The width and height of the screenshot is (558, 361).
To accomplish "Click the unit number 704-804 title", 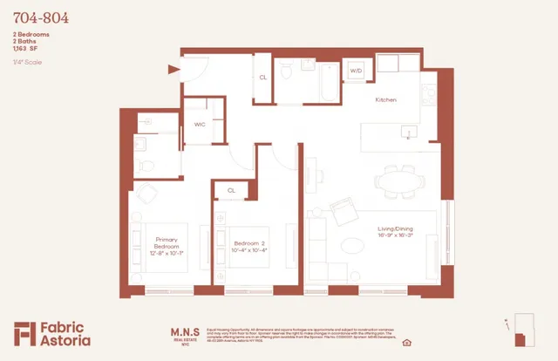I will tap(41, 17).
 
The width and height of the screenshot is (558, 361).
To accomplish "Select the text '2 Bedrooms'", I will tap(31, 34).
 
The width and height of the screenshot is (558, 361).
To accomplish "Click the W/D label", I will tap(357, 70).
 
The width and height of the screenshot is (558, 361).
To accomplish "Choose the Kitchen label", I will tap(385, 100).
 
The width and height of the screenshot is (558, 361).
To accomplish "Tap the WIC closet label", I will tap(199, 125).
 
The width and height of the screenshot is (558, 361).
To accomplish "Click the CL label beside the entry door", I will tap(262, 78).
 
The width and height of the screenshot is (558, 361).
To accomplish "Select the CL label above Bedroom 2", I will tap(231, 189).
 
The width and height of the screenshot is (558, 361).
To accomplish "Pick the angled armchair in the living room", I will tap(343, 211).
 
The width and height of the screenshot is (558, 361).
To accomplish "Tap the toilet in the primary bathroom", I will tap(146, 165).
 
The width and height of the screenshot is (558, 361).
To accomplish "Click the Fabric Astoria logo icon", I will tap(24, 333).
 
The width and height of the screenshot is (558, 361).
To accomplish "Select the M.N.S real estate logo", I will tap(184, 335).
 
